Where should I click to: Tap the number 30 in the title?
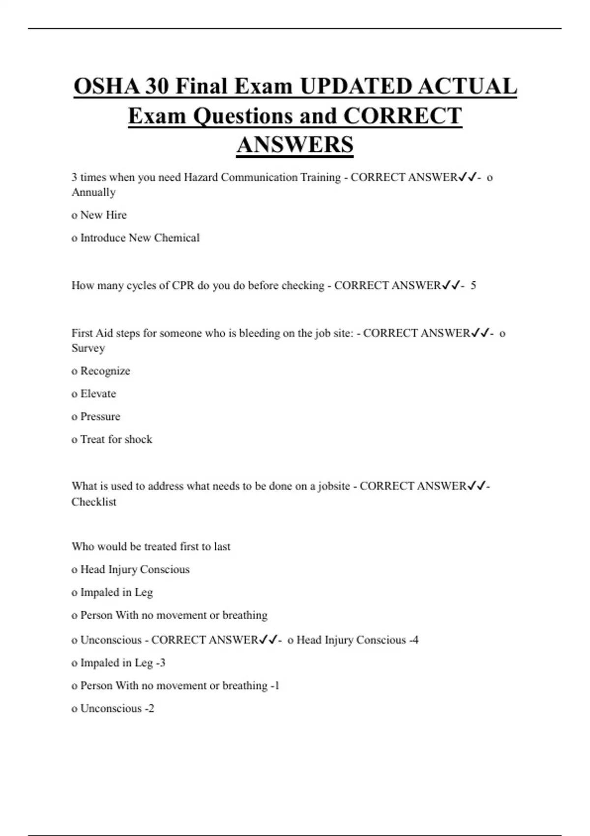tap(157, 87)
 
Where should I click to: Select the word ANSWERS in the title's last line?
tap(295, 145)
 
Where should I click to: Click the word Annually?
tap(93, 192)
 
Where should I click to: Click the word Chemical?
tap(177, 238)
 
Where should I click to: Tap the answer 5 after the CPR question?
tap(473, 286)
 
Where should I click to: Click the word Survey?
tap(88, 348)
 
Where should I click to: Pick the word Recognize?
tap(105, 371)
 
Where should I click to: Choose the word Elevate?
tap(98, 394)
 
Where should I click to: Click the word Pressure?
tap(100, 417)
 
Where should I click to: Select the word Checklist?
tap(94, 502)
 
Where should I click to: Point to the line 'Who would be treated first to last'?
tap(151, 546)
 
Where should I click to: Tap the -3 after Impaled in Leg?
tap(160, 663)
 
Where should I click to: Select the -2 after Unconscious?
tap(149, 709)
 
